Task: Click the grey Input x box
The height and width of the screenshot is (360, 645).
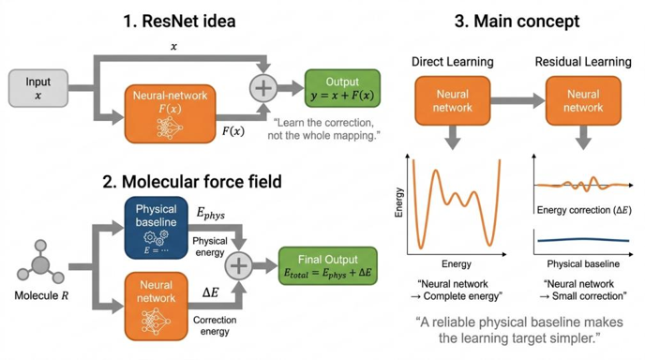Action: [38, 88]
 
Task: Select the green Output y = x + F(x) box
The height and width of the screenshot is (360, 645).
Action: [342, 88]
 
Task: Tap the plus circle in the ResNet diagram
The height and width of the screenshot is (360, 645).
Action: [263, 88]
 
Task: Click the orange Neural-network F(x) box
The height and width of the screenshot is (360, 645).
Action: [171, 114]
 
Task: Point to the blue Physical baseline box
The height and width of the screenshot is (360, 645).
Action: [157, 228]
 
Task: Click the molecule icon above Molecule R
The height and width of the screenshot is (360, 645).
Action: [40, 263]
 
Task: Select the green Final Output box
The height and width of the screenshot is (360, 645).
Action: [328, 266]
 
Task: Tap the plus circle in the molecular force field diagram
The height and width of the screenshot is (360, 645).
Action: [238, 266]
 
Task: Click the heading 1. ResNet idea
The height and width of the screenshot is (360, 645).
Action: [179, 22]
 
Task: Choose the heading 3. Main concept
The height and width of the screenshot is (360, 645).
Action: [517, 22]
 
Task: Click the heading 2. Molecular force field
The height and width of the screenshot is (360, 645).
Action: [192, 182]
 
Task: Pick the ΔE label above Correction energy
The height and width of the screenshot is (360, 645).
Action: [210, 292]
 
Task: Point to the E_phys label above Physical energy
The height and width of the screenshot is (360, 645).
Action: [211, 214]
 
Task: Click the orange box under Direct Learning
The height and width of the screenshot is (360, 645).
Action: [453, 101]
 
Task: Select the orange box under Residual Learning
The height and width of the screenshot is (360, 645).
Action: [583, 101]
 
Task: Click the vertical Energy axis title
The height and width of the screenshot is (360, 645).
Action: [398, 202]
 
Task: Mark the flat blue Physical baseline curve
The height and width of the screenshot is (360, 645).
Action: [583, 240]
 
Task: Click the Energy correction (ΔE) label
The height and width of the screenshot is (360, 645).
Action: [584, 210]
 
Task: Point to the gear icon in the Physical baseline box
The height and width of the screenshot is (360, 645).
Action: [156, 237]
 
